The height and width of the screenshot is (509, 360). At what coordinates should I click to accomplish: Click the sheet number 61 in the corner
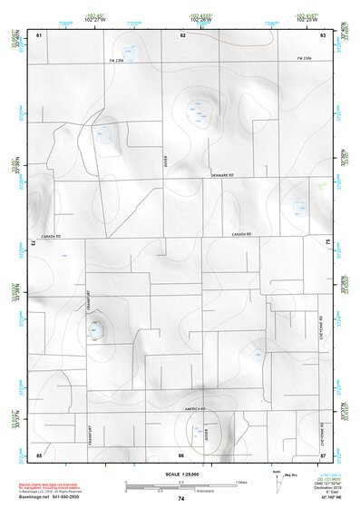[39, 34]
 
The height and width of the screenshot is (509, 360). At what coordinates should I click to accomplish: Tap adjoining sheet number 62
[182, 34]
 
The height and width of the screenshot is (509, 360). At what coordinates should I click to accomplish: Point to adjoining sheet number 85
[39, 455]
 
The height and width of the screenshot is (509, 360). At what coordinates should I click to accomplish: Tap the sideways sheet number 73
[34, 244]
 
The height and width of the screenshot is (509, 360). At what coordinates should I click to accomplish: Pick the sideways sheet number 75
[327, 242]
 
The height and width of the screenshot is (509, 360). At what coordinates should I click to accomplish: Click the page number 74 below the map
[181, 499]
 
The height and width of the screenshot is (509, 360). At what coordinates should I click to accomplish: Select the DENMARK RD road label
[222, 175]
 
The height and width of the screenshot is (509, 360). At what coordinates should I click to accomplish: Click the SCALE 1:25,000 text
[181, 475]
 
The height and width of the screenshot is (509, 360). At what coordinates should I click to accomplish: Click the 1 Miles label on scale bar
[240, 481]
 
